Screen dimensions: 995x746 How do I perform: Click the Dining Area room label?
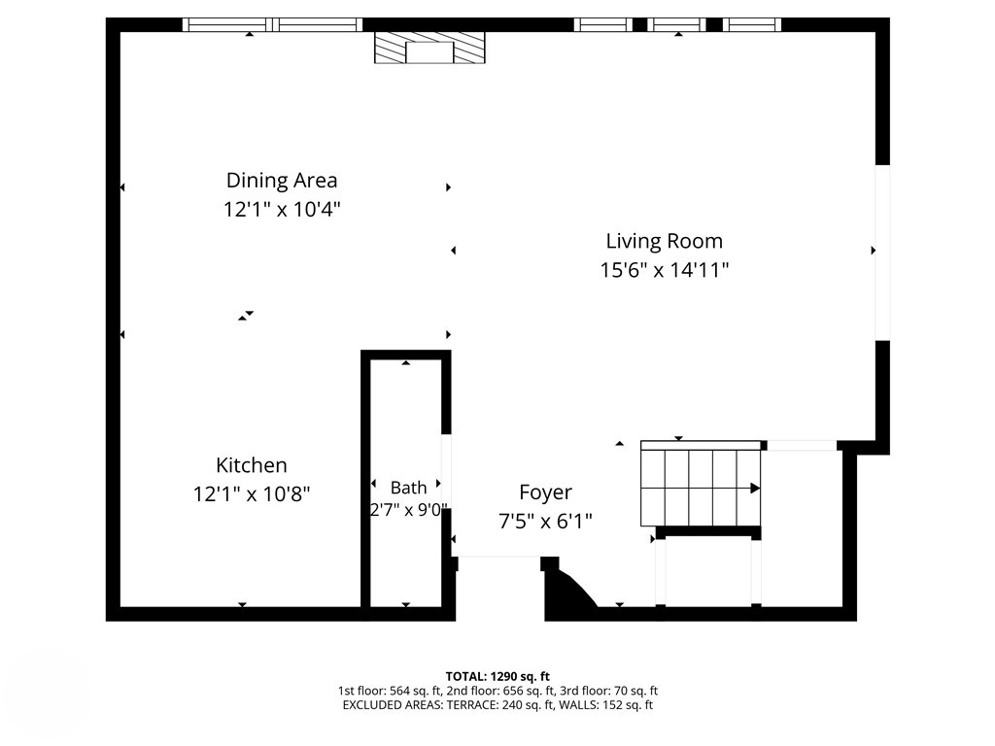tap(282, 181)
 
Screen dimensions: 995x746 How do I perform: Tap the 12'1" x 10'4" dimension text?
tap(282, 210)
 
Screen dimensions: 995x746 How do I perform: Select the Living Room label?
tap(665, 242)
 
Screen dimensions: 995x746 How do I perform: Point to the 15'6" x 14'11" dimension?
tap(665, 270)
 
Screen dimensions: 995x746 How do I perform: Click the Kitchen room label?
tap(252, 465)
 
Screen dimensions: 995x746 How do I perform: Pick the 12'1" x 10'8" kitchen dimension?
tap(252, 494)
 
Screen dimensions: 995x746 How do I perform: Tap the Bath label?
tap(409, 488)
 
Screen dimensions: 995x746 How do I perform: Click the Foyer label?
tap(546, 492)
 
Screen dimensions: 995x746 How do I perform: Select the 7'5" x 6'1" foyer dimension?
tap(546, 522)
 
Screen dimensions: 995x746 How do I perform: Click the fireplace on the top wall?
tap(429, 48)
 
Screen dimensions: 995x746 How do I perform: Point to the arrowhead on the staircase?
tap(755, 488)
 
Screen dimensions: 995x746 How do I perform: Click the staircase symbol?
tap(701, 484)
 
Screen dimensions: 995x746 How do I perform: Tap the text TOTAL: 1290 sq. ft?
tap(497, 676)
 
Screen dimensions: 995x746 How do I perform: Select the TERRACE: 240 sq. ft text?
tap(519, 705)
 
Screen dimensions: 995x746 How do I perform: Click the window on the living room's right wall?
tap(882, 253)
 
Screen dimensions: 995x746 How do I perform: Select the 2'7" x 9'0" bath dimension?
tap(409, 510)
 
